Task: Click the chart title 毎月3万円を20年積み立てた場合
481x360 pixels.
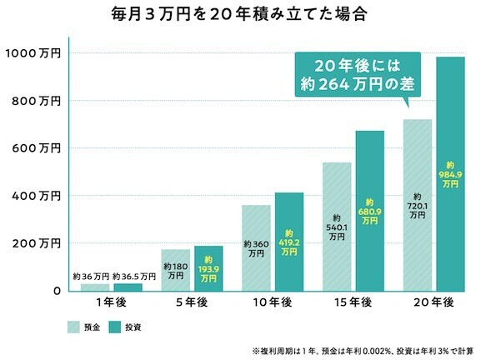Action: coord(241,14)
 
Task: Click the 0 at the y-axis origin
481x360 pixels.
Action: coord(56,291)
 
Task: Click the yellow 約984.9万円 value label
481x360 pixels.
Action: coord(451,174)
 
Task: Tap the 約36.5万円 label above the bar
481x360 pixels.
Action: coord(133,276)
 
